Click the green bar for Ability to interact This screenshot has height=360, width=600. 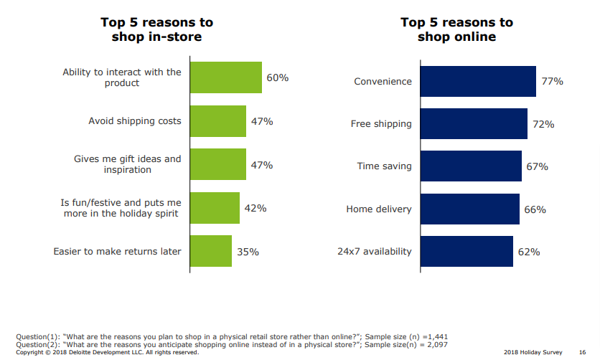tap(225, 77)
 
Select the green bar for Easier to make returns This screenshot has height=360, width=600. tap(210, 251)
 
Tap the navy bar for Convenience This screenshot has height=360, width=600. tap(477, 81)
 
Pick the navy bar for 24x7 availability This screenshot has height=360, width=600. tap(467, 251)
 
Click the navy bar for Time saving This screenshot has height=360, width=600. tap(470, 166)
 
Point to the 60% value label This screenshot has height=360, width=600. tap(277, 77)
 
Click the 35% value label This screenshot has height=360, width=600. tap(248, 252)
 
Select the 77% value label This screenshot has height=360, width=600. tap(552, 82)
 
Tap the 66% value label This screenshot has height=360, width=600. tap(535, 209)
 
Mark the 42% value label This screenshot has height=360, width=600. tap(256, 208)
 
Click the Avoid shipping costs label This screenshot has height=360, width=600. tap(135, 121)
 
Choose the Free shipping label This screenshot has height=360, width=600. tap(381, 124)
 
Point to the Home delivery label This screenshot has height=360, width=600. tap(379, 209)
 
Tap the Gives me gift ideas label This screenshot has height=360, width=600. tap(128, 164)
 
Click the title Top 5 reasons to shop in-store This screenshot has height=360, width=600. tap(156, 29)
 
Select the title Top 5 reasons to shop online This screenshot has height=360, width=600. tap(456, 29)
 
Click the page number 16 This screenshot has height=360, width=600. tap(582, 352)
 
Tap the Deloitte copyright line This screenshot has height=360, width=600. tap(107, 352)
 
